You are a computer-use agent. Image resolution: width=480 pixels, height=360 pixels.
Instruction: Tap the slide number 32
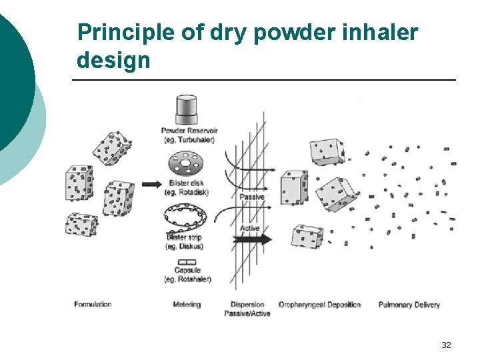click(x=446, y=345)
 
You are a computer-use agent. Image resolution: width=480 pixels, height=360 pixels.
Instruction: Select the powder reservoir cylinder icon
click(x=186, y=108)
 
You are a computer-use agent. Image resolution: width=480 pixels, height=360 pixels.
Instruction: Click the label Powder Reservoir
click(x=189, y=130)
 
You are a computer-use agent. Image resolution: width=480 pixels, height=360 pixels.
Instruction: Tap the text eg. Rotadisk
click(x=188, y=192)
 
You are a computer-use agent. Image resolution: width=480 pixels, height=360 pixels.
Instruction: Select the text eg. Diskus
click(x=184, y=247)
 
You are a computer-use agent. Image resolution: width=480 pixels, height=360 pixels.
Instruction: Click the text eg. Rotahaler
click(x=187, y=279)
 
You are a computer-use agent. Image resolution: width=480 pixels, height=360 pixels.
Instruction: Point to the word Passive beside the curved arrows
click(x=252, y=197)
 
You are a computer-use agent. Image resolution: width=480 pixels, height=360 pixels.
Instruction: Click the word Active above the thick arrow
click(x=249, y=228)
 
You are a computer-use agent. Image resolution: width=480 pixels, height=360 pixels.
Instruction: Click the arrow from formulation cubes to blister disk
click(x=151, y=183)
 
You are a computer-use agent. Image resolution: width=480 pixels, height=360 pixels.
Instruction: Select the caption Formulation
click(x=93, y=304)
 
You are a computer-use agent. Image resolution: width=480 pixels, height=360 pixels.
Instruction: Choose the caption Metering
click(x=187, y=304)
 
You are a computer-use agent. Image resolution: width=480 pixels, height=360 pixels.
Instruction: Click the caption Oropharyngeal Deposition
click(x=319, y=305)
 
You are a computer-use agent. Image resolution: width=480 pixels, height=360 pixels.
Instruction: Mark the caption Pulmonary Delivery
click(x=409, y=305)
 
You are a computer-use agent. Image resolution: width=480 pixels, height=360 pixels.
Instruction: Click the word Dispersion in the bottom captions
click(x=247, y=304)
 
